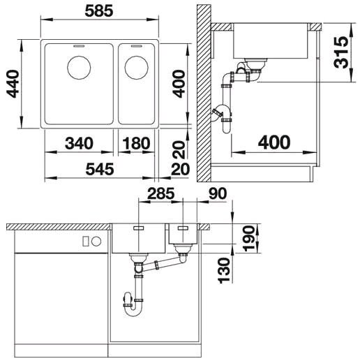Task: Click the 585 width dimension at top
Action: (99, 11)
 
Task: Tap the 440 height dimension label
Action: (13, 84)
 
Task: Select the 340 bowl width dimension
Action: (79, 143)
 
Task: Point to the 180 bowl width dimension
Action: (136, 143)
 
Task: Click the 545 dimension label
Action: (100, 169)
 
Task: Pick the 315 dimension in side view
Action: (341, 52)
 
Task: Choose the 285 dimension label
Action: (161, 193)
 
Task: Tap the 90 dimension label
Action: (218, 193)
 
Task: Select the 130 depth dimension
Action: (224, 270)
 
